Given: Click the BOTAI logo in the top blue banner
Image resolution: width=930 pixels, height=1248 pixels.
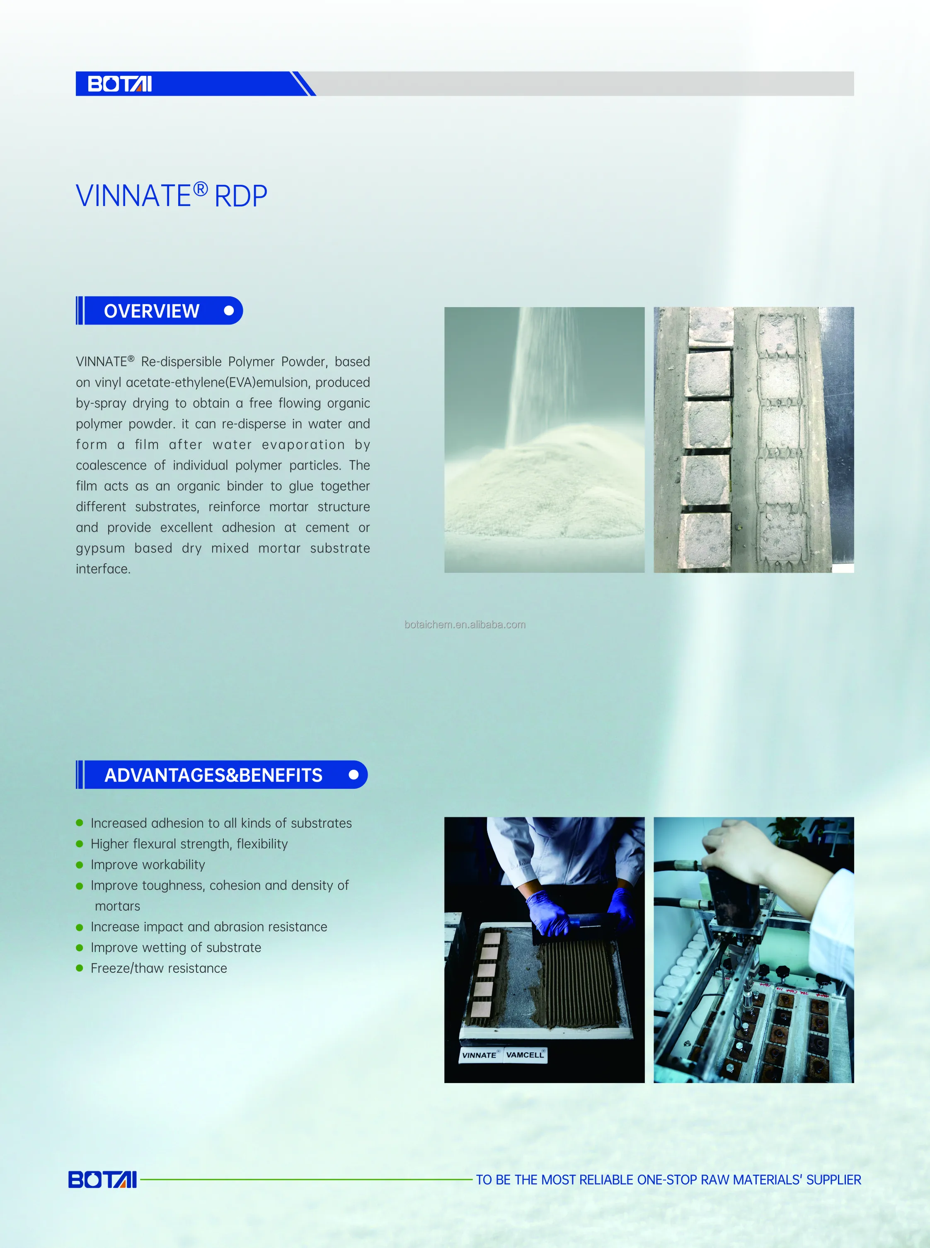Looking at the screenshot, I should click(119, 84).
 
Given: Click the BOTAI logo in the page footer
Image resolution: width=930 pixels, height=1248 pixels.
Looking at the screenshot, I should click(102, 1179).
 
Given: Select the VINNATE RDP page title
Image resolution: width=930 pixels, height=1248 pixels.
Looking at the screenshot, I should click(171, 195).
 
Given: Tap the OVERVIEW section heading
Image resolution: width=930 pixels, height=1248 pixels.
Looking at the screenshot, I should click(151, 311).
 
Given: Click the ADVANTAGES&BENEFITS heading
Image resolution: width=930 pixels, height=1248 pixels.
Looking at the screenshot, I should click(213, 775).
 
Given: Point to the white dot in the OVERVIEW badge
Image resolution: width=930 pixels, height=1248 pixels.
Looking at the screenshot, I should click(228, 311).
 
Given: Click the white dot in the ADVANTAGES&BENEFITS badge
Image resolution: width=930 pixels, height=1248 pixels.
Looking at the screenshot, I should click(354, 775).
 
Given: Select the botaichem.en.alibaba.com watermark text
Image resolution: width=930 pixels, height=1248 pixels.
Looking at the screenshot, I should click(465, 624).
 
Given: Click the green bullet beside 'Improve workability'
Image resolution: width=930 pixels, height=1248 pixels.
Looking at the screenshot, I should click(80, 865).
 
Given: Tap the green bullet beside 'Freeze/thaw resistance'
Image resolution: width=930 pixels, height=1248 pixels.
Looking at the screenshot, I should click(80, 968).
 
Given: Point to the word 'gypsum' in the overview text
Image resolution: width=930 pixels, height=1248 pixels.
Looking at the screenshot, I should click(100, 549).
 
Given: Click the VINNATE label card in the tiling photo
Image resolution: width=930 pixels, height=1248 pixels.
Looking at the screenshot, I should click(480, 1055).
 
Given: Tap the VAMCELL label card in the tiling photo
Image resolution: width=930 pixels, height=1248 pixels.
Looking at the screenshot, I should click(525, 1054).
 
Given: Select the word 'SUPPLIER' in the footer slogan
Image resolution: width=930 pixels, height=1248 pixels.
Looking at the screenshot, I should click(833, 1180).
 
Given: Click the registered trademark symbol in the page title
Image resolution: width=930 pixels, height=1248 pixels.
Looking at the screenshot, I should click(201, 189).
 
